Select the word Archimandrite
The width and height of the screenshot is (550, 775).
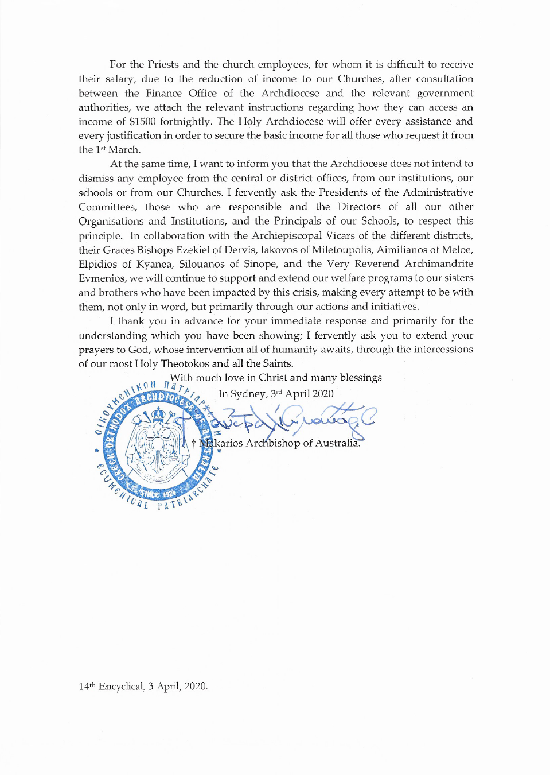439,263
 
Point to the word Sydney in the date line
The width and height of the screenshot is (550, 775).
248,394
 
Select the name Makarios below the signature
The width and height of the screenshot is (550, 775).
221,443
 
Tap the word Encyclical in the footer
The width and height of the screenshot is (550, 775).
121,687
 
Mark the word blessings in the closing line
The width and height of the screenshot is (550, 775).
361,378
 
